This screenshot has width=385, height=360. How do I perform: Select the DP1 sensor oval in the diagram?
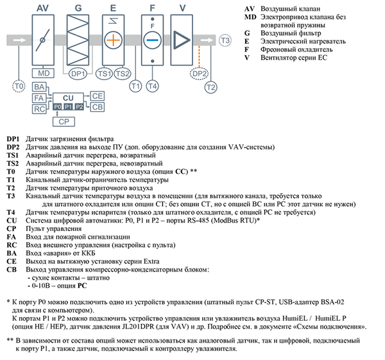pyautogui.click(x=78, y=73)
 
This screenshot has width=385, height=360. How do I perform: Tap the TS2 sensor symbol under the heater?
pyautogui.click(x=121, y=73)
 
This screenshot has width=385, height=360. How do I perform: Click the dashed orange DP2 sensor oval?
pyautogui.click(x=198, y=73)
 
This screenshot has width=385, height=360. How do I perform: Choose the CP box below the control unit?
pyautogui.click(x=63, y=121)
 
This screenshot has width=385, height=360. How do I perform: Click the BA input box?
pyautogui.click(x=38, y=87)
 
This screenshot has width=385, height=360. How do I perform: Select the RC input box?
pyautogui.click(x=38, y=108)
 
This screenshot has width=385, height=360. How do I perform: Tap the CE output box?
pyautogui.click(x=98, y=96)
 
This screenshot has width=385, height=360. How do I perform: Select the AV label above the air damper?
pyautogui.click(x=44, y=8)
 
